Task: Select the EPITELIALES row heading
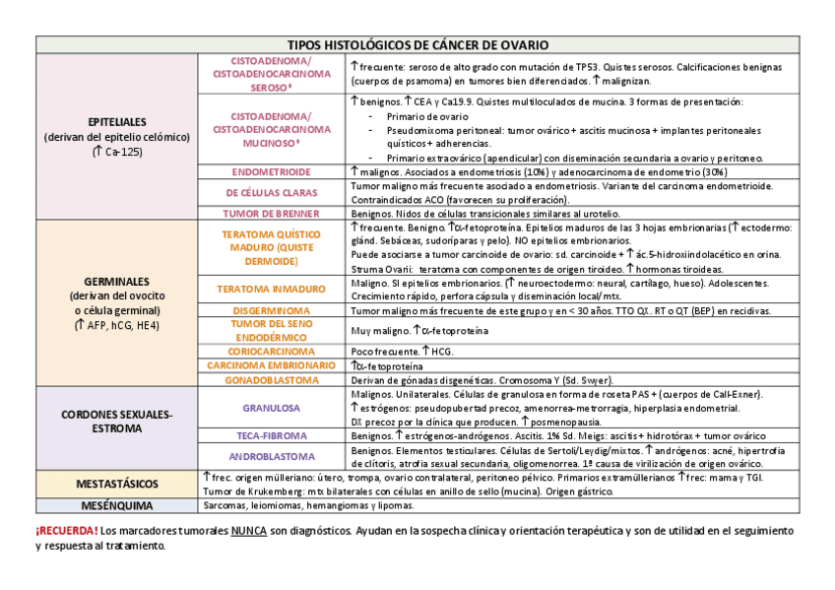click(x=116, y=122)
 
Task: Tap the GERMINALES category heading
click(x=116, y=280)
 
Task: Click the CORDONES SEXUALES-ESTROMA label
click(x=116, y=422)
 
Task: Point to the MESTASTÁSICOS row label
click(x=116, y=484)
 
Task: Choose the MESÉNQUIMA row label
click(x=116, y=505)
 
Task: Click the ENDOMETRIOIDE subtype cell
click(x=271, y=171)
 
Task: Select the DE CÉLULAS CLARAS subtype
click(x=271, y=192)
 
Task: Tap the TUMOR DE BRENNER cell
click(x=271, y=213)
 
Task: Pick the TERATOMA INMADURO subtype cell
click(x=271, y=289)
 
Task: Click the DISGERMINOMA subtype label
click(x=271, y=310)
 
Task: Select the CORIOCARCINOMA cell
click(x=271, y=351)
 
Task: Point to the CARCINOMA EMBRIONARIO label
click(x=271, y=365)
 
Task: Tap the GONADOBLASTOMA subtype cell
click(x=271, y=380)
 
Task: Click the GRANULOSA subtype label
click(x=271, y=407)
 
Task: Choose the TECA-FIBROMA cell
click(x=271, y=435)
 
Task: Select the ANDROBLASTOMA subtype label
click(x=271, y=457)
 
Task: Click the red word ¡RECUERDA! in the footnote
click(x=67, y=531)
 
